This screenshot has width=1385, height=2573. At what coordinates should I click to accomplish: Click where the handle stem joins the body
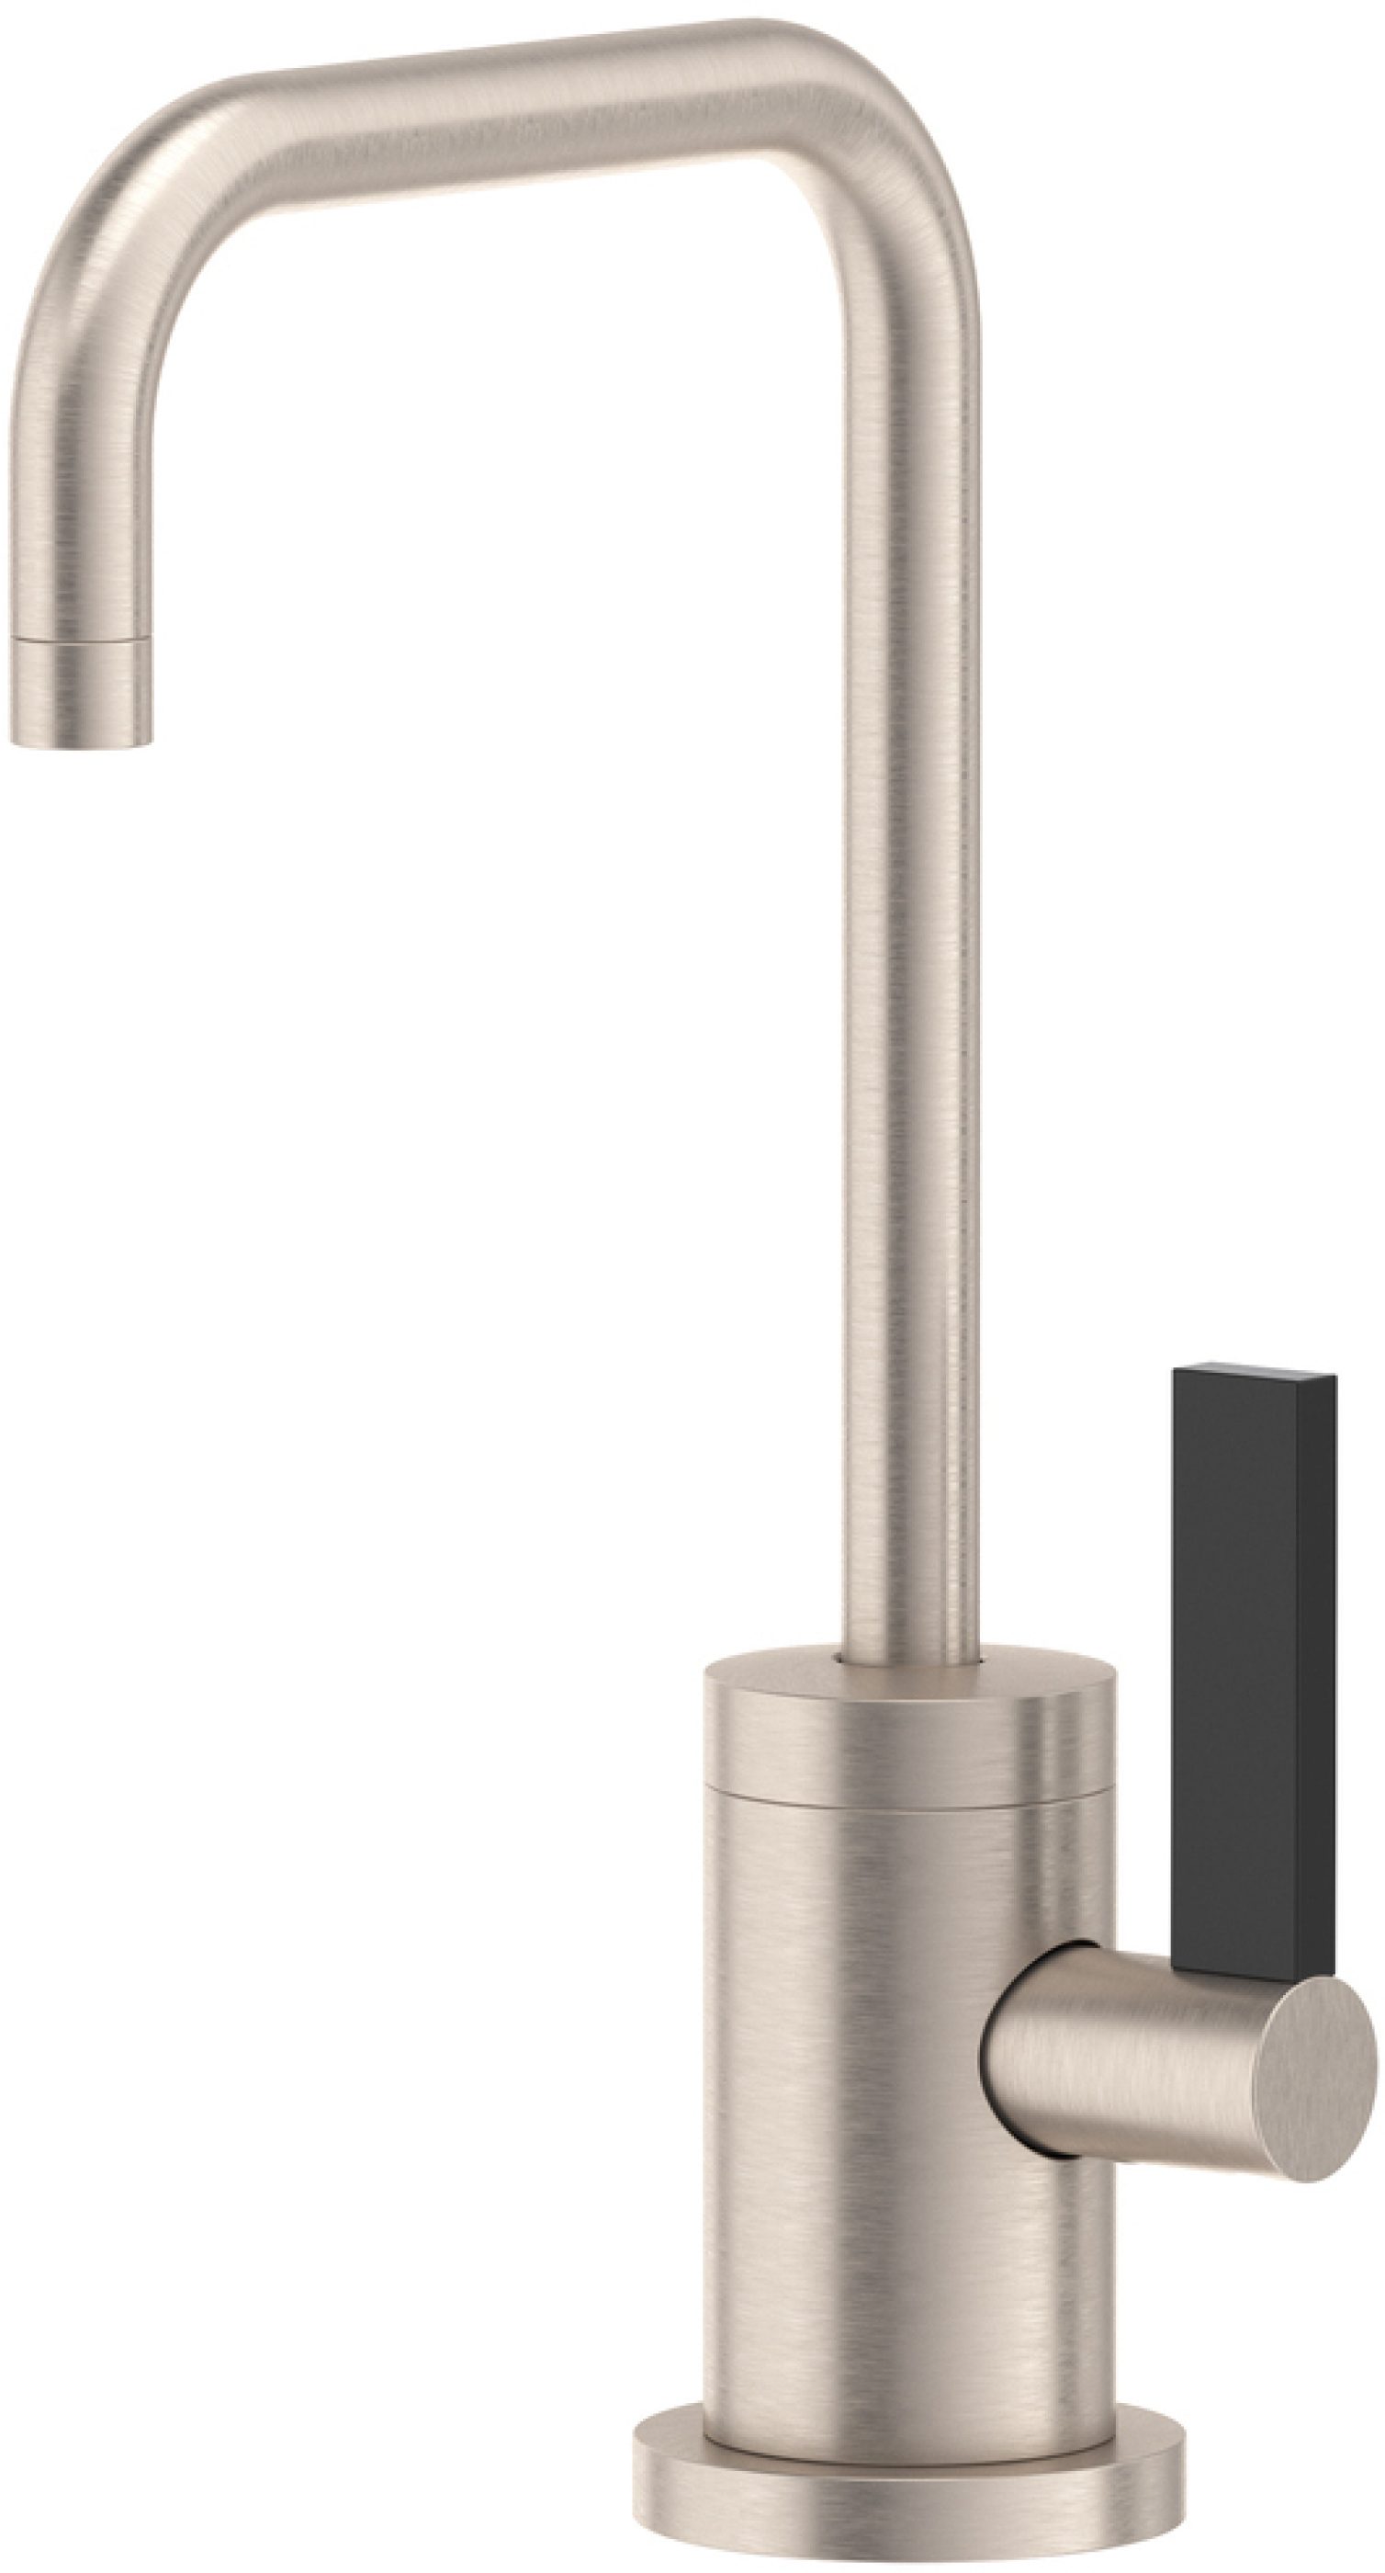1008,2047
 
